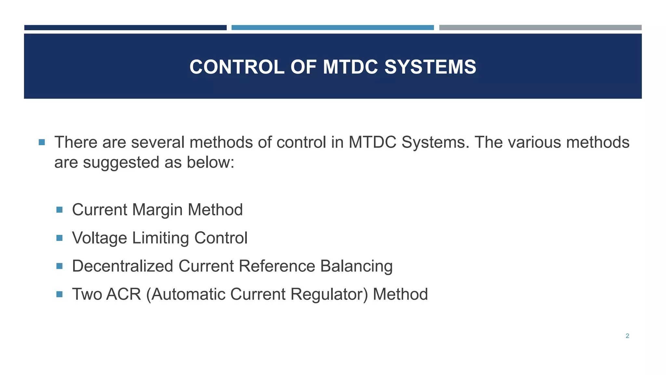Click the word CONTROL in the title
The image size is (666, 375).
pos(237,67)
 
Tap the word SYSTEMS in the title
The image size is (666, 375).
pos(430,67)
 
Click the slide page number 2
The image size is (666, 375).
pos(627,336)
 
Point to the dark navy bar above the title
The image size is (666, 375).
pos(125,28)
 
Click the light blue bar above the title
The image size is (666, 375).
pos(332,28)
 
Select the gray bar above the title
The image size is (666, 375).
pos(540,28)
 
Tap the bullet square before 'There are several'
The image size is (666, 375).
pos(42,142)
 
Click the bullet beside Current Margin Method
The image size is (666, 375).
pos(59,210)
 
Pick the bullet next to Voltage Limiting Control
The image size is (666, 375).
pos(59,238)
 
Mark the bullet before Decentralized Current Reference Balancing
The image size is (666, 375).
pos(59,266)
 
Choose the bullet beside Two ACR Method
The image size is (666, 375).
pos(59,294)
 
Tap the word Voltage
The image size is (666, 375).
pos(100,238)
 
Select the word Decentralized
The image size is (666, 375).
pos(123,266)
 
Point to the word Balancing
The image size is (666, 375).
pos(356,266)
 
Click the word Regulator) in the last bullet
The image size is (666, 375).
pos(329,294)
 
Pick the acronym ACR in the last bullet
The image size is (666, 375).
pos(124,294)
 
